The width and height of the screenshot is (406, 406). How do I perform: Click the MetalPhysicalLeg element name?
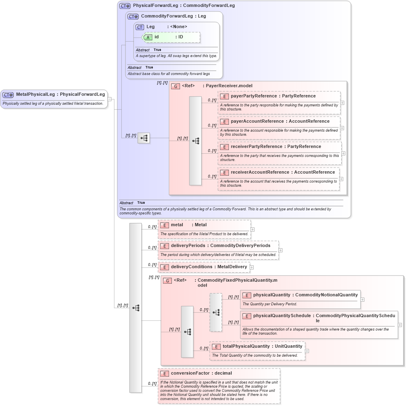click(35, 95)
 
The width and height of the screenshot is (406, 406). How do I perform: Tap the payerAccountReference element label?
click(280, 121)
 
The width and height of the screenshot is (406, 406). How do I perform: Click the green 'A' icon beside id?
click(148, 37)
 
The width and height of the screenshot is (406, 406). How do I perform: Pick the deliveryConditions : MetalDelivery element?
click(204, 267)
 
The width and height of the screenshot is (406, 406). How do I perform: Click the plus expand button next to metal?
click(252, 229)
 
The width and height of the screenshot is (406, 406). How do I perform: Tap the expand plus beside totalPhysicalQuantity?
click(307, 351)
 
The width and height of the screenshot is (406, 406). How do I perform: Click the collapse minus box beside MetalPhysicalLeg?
click(110, 99)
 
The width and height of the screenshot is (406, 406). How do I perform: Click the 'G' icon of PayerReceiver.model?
click(176, 86)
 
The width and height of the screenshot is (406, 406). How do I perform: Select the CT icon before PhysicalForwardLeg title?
click(125, 6)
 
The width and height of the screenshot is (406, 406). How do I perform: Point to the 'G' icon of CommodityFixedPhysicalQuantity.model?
click(167, 281)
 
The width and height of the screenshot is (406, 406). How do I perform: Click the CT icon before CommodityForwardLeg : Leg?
click(133, 17)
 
